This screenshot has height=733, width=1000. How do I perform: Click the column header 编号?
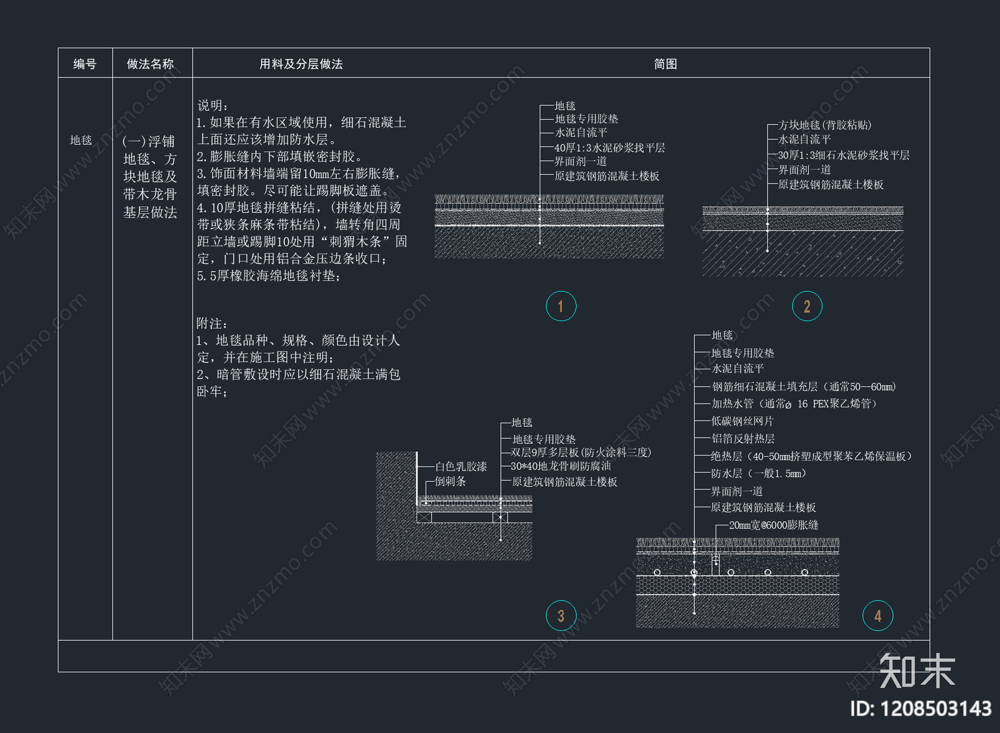84,64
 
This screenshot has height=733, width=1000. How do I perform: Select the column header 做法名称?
150,64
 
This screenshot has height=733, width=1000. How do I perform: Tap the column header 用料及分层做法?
301,64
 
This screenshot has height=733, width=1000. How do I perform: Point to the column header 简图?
665,64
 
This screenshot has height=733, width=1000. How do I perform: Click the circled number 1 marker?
561,306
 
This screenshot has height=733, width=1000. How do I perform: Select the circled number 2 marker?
807,306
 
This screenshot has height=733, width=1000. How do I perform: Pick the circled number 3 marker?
561,616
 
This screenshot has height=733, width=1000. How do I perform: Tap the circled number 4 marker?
877,616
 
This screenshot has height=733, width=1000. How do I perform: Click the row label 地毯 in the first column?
81,140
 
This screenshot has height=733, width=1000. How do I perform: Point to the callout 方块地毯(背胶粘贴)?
824,125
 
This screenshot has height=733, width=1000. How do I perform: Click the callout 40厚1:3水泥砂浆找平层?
609,147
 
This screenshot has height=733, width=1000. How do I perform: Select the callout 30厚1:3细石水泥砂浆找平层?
843,155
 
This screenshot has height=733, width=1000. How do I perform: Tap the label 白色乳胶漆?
461,466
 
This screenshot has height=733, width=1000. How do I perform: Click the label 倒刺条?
450,481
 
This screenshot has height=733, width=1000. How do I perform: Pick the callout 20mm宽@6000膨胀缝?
773,525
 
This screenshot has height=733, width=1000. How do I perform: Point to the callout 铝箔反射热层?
742,439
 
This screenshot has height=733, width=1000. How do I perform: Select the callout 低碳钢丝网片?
742,421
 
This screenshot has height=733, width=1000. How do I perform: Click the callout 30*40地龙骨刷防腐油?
561,466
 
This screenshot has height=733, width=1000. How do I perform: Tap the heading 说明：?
213,105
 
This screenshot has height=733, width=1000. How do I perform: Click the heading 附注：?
212,323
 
